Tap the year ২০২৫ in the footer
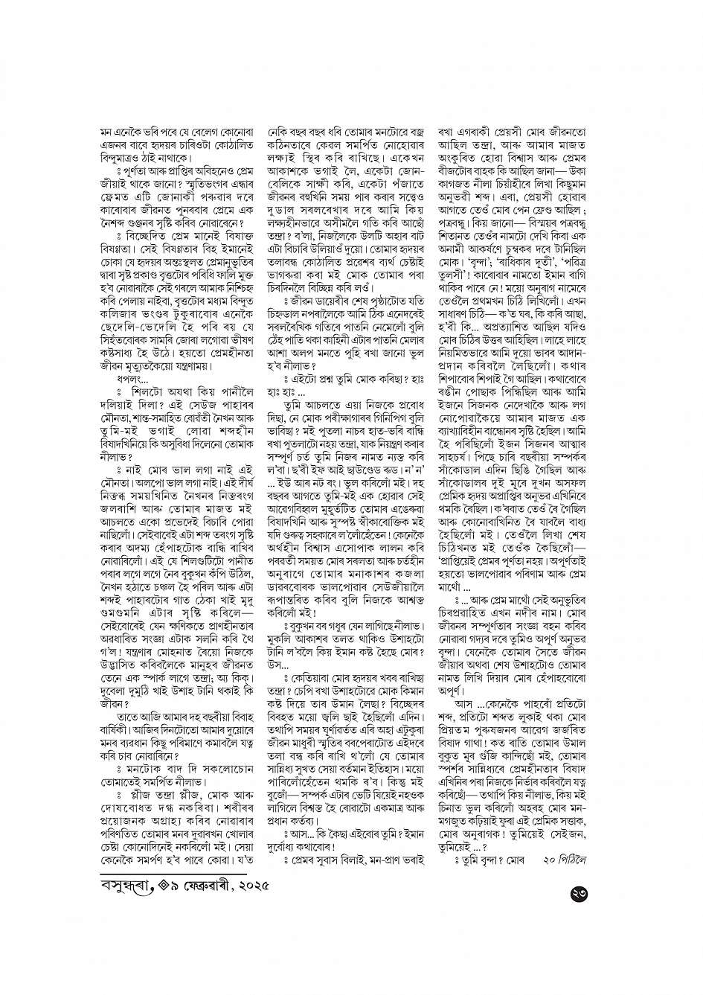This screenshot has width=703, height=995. click(x=246, y=887)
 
